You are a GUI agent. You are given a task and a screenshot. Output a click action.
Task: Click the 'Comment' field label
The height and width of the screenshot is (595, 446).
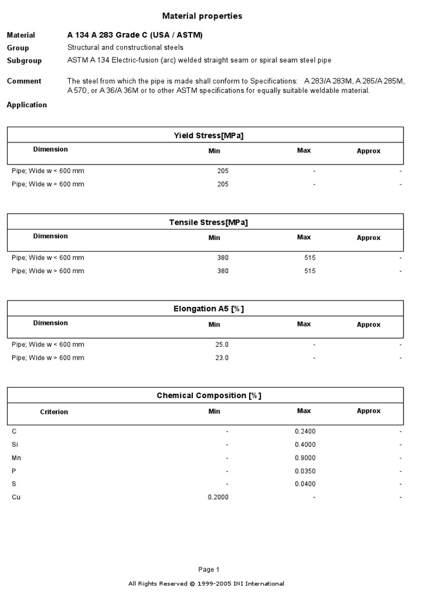click(x=24, y=81)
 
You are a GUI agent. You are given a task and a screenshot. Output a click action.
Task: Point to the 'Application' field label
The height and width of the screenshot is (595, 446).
click(x=27, y=105)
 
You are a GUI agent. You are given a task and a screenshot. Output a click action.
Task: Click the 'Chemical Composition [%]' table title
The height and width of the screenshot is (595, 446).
click(x=208, y=396)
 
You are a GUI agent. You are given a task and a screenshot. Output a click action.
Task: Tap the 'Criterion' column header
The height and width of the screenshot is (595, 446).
click(x=54, y=412)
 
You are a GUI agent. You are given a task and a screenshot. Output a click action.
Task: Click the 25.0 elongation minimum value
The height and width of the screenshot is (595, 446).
click(x=221, y=345)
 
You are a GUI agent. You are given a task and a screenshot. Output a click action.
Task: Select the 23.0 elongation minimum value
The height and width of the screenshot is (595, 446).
click(x=221, y=358)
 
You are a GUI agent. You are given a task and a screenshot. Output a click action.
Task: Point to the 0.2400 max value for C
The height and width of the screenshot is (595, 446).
click(x=305, y=432)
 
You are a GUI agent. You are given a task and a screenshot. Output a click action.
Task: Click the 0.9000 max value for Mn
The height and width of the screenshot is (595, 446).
click(x=305, y=458)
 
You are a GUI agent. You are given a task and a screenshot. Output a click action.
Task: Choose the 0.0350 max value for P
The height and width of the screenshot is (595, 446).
click(x=305, y=471)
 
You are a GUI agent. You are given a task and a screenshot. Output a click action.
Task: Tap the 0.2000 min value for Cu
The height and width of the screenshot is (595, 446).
click(x=218, y=497)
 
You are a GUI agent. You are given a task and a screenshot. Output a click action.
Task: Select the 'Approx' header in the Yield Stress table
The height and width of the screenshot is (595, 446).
click(x=368, y=151)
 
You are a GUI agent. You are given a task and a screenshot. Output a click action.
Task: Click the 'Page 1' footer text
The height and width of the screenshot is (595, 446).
click(x=209, y=569)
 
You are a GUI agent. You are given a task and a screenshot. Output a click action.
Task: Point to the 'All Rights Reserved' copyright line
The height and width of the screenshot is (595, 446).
click(x=206, y=584)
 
